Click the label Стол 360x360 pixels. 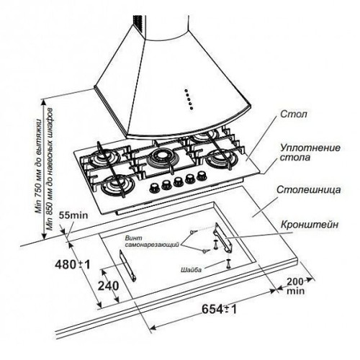(293, 114)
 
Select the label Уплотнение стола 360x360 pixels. (310, 153)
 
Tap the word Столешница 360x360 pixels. (308, 189)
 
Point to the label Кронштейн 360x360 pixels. (310, 225)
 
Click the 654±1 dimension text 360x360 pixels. (219, 309)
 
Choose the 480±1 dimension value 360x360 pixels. (73, 264)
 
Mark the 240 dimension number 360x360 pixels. (108, 286)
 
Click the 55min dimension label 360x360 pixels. (73, 215)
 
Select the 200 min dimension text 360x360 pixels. (295, 286)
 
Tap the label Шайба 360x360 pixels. (191, 269)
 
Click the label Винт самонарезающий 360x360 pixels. (152, 241)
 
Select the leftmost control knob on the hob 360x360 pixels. (155, 188)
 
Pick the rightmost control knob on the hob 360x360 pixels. (202, 176)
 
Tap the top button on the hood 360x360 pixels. (186, 91)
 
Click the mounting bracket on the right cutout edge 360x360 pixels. (224, 238)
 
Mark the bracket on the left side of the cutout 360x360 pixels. (127, 266)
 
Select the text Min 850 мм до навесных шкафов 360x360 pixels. (50, 169)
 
